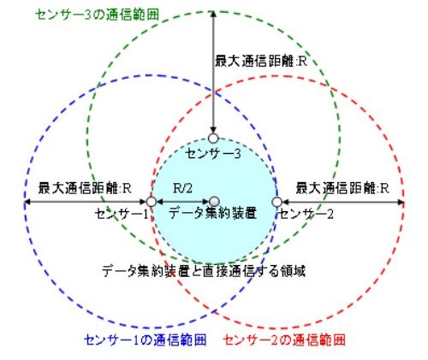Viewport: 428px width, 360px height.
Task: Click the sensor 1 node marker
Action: pos(152,202)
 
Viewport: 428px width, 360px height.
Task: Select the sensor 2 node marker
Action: pos(276,202)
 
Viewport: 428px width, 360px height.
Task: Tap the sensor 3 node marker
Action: pos(213,139)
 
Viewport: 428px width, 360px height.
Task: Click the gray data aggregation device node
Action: pos(214,202)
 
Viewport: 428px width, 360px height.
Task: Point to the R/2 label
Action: pos(182,188)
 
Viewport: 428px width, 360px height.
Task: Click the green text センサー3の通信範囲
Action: pos(98,15)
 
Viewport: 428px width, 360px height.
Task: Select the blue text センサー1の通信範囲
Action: pos(145,339)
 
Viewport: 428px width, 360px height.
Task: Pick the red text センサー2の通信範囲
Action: pos(284,339)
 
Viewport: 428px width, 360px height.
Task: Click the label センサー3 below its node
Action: pos(213,154)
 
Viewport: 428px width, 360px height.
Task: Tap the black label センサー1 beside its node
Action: pos(122,214)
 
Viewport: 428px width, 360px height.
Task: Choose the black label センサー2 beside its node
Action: pos(306,215)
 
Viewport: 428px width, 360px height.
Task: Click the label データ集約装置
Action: pos(212,213)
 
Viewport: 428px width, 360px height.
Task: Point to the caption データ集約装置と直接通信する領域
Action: pos(204,271)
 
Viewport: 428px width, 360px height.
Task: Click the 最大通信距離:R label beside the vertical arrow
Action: pos(261,62)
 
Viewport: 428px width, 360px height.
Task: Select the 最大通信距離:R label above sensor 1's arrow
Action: pos(85,188)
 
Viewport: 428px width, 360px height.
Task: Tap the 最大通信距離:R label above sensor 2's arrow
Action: pos(342,188)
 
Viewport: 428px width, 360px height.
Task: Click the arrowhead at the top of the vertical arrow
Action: pos(213,14)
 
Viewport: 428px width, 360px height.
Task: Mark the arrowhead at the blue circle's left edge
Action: pos(27,202)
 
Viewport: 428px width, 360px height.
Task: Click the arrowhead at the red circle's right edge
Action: pos(401,202)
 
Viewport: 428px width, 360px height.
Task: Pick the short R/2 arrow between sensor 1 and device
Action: pos(183,202)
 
